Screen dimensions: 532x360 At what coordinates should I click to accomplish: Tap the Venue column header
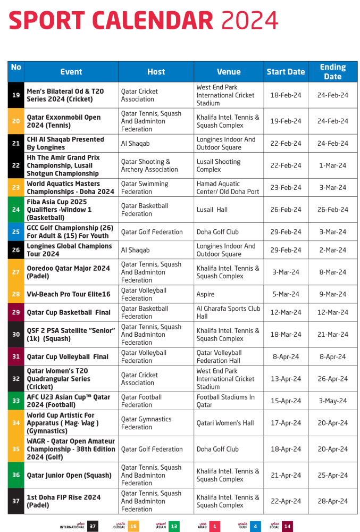229,72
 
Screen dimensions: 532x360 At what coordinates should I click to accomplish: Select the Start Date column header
286,72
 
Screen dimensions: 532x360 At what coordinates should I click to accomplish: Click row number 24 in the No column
16,210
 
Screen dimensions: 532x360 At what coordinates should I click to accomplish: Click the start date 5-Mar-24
286,294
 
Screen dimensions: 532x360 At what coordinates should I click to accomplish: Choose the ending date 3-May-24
333,401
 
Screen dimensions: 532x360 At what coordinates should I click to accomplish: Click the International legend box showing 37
93,526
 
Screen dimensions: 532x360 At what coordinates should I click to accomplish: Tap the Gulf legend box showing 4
256,526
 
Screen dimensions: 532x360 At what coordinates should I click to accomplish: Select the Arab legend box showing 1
214,526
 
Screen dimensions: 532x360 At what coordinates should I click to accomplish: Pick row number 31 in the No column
16,357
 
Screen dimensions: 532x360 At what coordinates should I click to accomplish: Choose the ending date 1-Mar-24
333,165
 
